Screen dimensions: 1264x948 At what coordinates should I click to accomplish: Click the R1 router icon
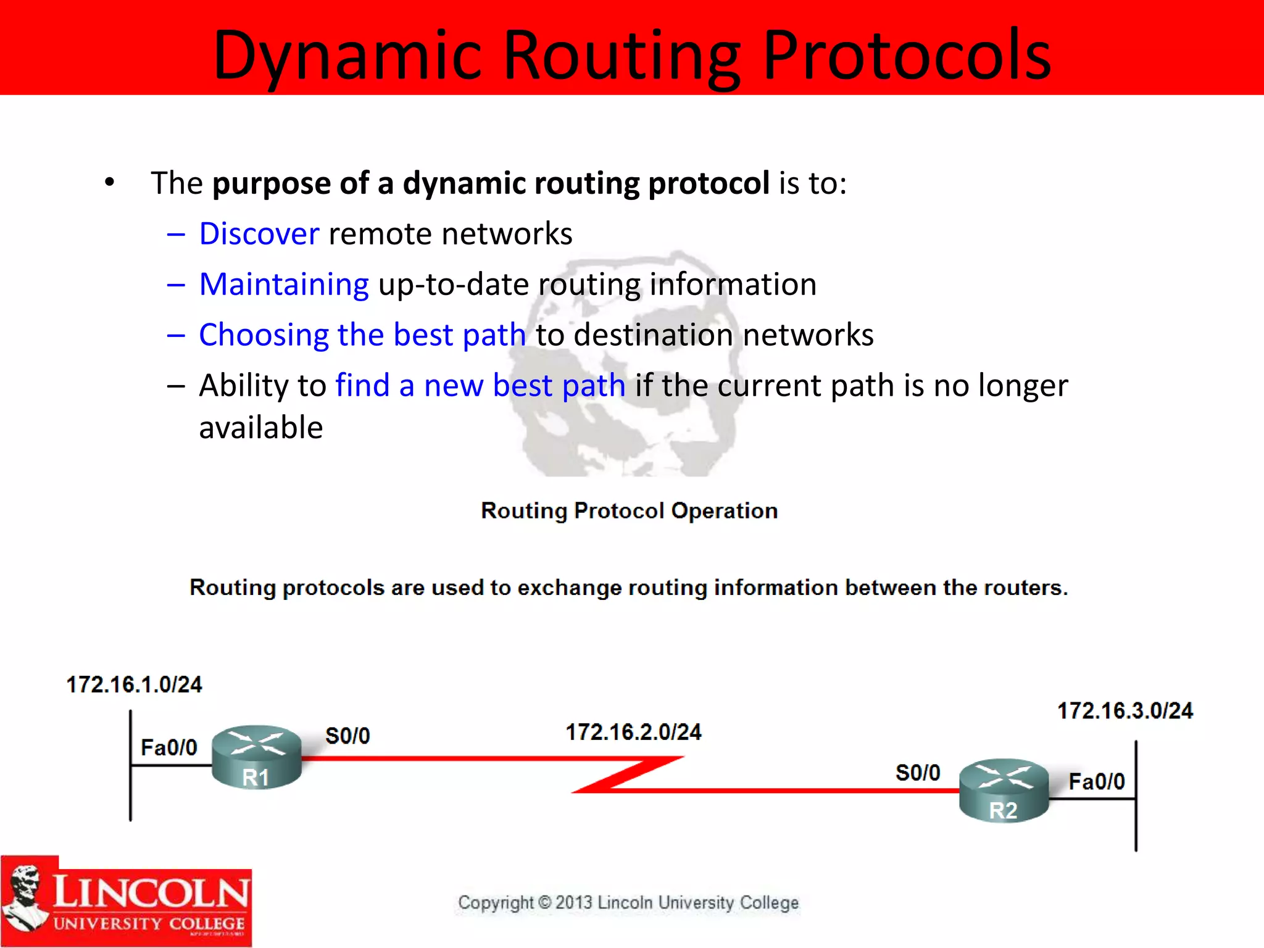click(256, 757)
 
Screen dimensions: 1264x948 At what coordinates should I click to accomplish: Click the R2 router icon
click(1004, 790)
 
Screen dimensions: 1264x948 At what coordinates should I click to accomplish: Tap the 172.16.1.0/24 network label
click(134, 684)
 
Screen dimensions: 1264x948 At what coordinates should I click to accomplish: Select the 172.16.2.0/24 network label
click(633, 732)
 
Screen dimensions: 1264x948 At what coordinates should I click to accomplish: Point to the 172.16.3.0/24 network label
click(1125, 711)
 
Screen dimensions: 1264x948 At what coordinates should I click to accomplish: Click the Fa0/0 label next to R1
click(168, 747)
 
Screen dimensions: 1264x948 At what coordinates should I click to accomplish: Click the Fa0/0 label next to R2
click(1096, 781)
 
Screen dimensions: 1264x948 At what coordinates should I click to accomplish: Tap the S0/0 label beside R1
click(347, 736)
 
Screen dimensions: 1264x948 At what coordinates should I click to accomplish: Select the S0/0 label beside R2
click(918, 773)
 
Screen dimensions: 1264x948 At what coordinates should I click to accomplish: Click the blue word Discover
click(259, 234)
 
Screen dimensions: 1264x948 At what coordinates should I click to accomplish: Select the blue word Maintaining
click(284, 285)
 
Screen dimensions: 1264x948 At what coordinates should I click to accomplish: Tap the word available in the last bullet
click(260, 428)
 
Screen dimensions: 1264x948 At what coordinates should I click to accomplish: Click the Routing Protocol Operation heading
click(629, 510)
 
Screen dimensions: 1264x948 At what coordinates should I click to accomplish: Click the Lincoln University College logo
click(126, 902)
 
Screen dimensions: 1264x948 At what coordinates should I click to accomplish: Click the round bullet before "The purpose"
click(110, 182)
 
